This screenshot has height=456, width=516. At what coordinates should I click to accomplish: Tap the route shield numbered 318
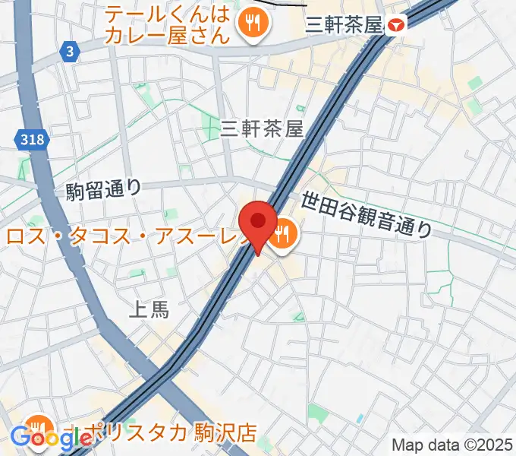pyautogui.click(x=32, y=139)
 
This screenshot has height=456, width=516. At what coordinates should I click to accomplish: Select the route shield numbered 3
pyautogui.click(x=70, y=52)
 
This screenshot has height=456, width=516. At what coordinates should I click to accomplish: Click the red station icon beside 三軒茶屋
pyautogui.click(x=395, y=26)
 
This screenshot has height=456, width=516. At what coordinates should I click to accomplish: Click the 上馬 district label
pyautogui.click(x=149, y=309)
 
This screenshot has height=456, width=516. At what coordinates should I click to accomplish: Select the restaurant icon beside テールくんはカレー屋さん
pyautogui.click(x=249, y=24)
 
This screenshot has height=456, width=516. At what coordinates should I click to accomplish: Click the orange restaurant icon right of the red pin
pyautogui.click(x=285, y=234)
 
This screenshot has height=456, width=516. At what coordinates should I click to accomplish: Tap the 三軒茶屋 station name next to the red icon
pyautogui.click(x=342, y=26)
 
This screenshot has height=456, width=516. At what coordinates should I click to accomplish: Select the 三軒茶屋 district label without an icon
pyautogui.click(x=262, y=130)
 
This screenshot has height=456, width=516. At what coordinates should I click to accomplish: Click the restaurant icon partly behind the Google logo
pyautogui.click(x=36, y=426)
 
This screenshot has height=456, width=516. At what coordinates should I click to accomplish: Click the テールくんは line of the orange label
pyautogui.click(x=167, y=14)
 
